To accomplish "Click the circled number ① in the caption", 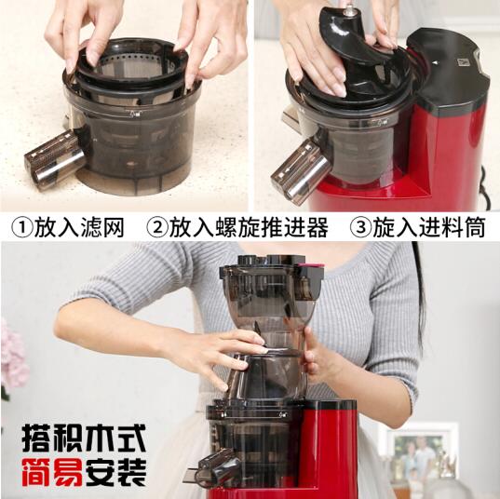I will point(20,227).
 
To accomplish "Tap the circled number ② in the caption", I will point(159,227).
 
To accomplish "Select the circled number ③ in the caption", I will point(360,227).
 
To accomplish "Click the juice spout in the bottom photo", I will point(216,466).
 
